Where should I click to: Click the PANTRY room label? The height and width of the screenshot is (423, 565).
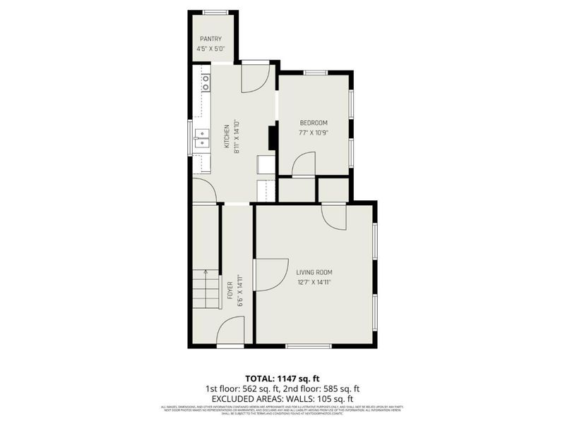tap(210, 39)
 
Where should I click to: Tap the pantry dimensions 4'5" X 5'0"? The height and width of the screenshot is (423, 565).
tap(210, 49)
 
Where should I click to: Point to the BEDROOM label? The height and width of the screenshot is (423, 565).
tap(314, 123)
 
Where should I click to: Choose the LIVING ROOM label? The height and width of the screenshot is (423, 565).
tap(314, 272)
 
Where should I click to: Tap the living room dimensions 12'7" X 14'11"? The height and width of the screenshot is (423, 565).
tap(314, 282)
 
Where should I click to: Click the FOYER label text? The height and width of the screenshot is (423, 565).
tap(230, 291)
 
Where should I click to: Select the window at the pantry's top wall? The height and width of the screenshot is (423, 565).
tap(216, 12)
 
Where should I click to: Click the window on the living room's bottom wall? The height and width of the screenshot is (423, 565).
tap(309, 346)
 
